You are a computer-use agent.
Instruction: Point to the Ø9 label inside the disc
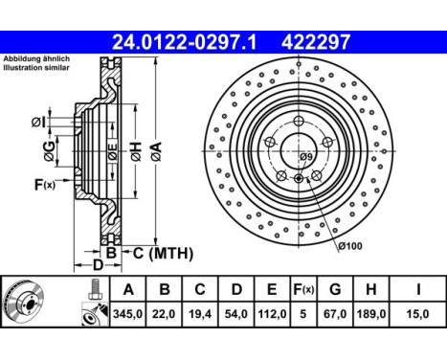306,156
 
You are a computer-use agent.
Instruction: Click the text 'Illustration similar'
35,70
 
